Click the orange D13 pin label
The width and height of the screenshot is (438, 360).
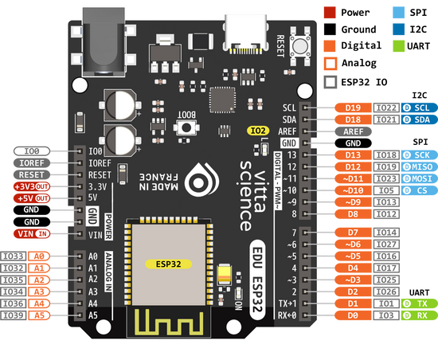[353, 155]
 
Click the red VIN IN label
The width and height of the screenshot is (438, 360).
[32, 233]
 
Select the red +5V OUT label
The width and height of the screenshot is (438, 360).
[32, 198]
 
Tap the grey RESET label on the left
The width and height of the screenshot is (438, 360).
[32, 174]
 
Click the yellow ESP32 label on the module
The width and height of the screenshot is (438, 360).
[166, 261]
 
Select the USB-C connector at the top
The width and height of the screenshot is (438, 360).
[248, 32]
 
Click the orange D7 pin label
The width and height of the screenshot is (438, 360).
[353, 232]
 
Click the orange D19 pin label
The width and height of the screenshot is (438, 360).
[353, 108]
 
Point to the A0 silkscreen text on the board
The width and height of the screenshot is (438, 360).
[93, 256]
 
